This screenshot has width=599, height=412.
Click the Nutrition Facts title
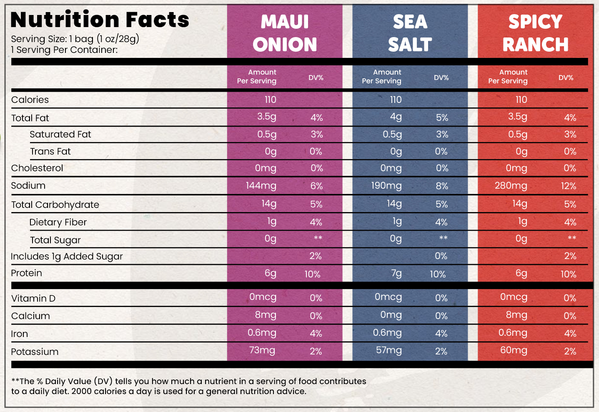(100, 20)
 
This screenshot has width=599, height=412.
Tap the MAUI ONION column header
(285, 33)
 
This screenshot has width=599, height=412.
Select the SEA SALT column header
(410, 33)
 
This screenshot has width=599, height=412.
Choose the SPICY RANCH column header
(535, 33)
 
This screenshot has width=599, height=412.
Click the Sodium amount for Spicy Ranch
(511, 186)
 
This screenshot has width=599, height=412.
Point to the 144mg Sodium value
(261, 186)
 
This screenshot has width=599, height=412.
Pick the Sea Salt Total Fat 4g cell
(396, 117)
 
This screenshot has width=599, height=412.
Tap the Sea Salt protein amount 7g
(396, 273)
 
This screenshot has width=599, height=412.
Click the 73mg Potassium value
(262, 350)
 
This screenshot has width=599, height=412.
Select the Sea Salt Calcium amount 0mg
(391, 315)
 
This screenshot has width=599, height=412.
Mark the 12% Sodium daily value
(569, 186)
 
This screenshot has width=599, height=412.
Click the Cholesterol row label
(37, 168)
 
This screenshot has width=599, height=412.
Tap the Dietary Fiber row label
(58, 222)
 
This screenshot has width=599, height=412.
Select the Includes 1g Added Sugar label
(67, 257)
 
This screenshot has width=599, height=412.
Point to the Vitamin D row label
(33, 299)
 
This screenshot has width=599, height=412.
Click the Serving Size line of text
(75, 39)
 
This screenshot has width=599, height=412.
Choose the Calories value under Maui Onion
(270, 100)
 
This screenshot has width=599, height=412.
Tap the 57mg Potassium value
(389, 350)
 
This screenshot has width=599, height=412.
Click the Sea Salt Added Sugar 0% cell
(441, 256)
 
